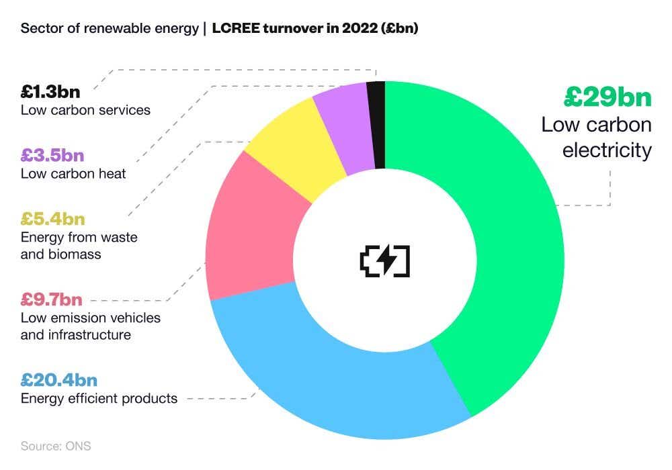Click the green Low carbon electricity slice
click(497, 255)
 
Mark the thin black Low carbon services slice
click(376, 124)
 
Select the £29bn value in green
click(607, 97)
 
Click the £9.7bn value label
click(52, 299)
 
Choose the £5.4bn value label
click(53, 218)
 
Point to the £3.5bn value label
click(52, 155)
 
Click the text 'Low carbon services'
click(85, 110)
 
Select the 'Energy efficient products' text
click(99, 399)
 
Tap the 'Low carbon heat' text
click(73, 175)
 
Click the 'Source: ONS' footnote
click(55, 446)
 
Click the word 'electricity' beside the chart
click(607, 149)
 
